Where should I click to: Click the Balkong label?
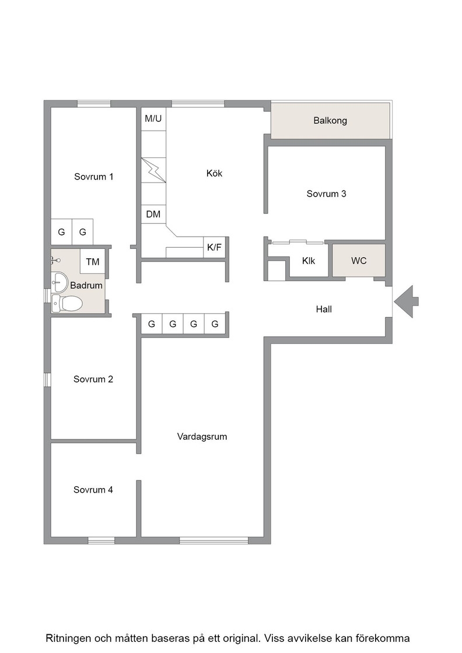tap(330, 121)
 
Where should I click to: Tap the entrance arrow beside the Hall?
tap(406, 301)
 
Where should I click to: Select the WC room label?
tap(359, 261)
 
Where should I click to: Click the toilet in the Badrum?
tap(66, 303)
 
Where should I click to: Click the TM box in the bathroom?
tap(93, 262)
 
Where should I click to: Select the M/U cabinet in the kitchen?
tap(153, 119)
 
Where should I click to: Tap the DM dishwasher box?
tap(153, 214)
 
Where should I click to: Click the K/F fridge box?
tap(214, 247)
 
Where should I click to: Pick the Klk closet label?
tap(309, 261)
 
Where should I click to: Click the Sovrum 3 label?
tap(326, 194)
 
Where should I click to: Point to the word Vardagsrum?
tap(202, 437)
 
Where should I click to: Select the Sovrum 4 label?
tap(93, 490)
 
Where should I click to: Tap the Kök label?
tap(214, 173)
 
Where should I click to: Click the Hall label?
tap(324, 309)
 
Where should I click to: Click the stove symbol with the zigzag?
tap(153, 170)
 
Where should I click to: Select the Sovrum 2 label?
tap(93, 379)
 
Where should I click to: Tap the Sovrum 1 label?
tap(93, 177)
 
